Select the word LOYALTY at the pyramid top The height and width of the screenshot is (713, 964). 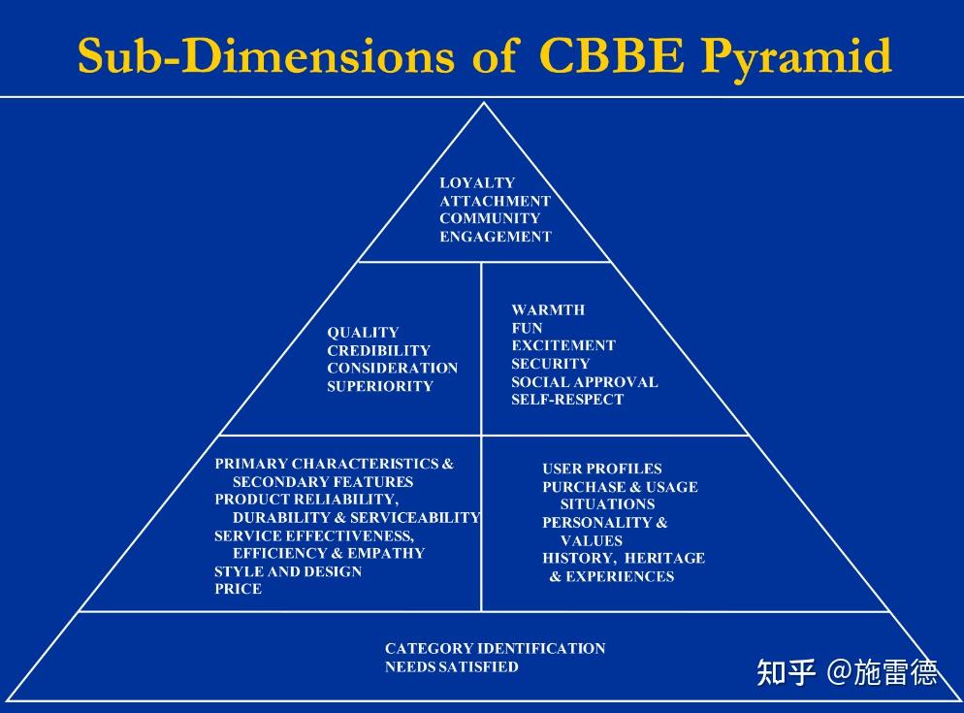[x=477, y=182]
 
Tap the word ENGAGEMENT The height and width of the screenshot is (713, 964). [x=495, y=237]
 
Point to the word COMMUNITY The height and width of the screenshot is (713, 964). [x=489, y=218]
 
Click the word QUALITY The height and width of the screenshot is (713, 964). [x=363, y=332]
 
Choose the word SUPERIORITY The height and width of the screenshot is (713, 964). [x=379, y=386]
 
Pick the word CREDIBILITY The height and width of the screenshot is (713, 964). [x=378, y=350]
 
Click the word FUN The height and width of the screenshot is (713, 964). [x=527, y=328]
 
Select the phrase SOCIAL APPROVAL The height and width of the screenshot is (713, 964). [x=584, y=381]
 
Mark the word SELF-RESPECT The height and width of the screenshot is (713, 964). [x=567, y=400]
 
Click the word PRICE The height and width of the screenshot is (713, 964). [x=238, y=589]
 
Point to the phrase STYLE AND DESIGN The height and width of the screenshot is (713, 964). [x=287, y=571]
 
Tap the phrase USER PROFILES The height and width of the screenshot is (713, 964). [x=601, y=470]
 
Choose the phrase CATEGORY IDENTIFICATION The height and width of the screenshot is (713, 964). [x=495, y=648]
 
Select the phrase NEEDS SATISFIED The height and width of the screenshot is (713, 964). [x=451, y=666]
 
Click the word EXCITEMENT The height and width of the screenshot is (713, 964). [x=562, y=345]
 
